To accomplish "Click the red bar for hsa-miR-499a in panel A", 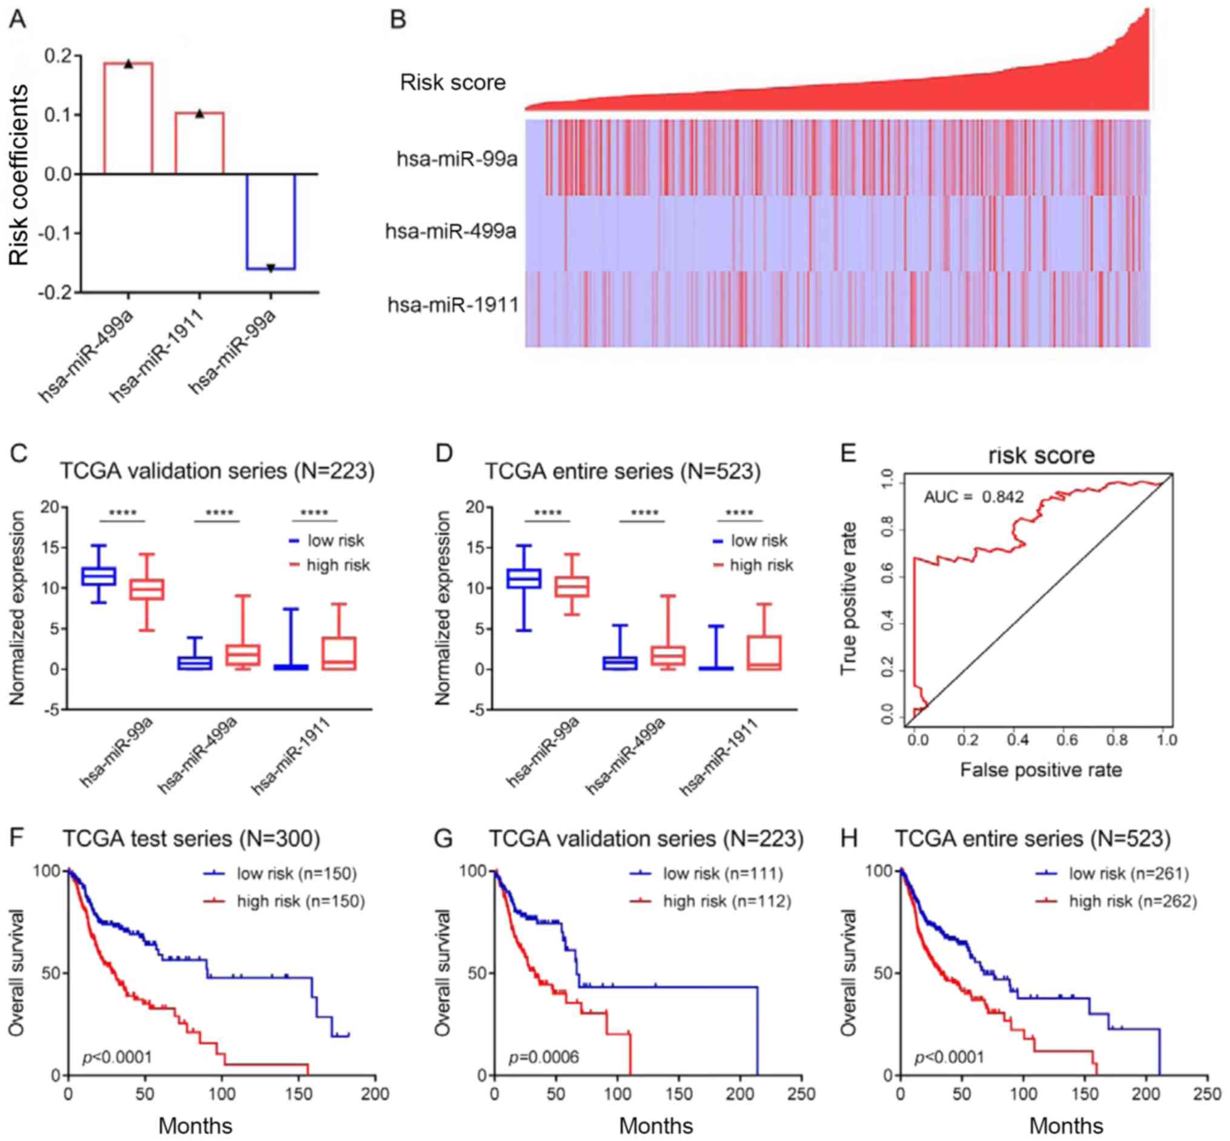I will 128,117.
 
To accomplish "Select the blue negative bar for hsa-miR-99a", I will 271,221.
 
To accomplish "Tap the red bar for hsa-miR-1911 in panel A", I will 199,143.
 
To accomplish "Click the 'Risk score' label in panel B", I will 452,82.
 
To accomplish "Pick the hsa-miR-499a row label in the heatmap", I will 451,231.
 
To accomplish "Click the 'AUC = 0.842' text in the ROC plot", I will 973,497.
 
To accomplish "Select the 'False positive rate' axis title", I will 1040,770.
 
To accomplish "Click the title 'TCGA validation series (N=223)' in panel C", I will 217,471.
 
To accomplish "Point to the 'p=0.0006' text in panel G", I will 543,1057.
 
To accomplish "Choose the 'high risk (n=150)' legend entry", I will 301,901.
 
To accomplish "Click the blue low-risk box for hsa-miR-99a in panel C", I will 99,575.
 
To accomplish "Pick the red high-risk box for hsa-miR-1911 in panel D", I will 763,652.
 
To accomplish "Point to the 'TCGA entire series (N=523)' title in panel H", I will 1033,839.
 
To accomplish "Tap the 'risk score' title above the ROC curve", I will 1041,455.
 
